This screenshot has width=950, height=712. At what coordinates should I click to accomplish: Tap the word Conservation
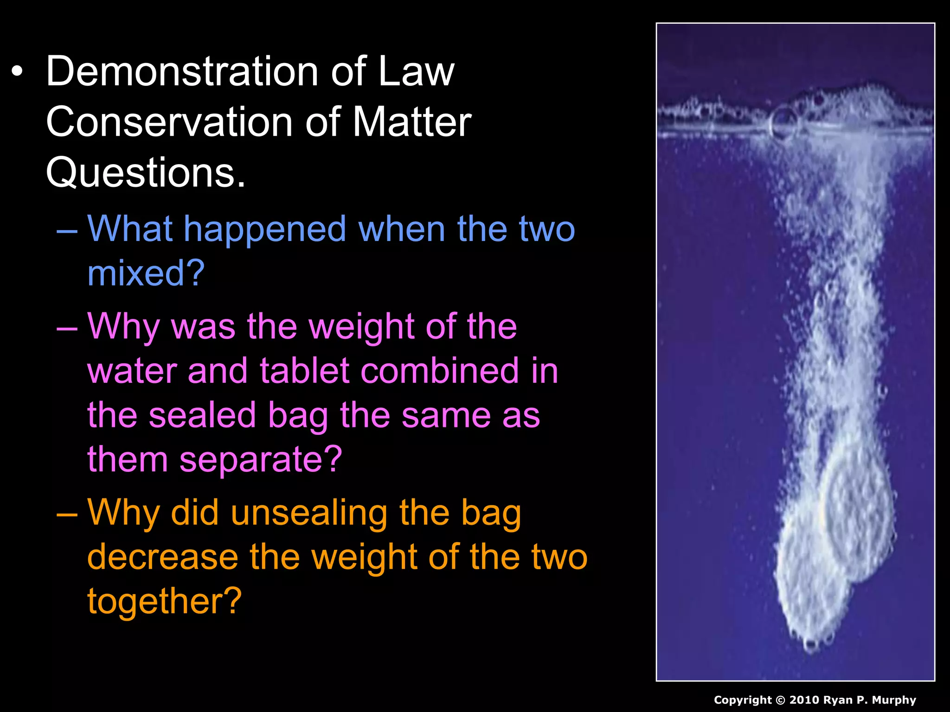(x=169, y=122)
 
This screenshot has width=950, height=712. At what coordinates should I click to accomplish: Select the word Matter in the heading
(x=412, y=122)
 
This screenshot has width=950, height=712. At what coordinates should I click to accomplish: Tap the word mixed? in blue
(x=146, y=273)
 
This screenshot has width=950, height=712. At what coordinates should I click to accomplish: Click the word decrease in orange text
(x=162, y=557)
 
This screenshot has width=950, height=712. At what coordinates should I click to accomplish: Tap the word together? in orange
(x=164, y=601)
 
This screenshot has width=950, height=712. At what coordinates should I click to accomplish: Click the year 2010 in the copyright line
(x=803, y=700)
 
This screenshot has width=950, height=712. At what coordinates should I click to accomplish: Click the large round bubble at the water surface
(x=783, y=122)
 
